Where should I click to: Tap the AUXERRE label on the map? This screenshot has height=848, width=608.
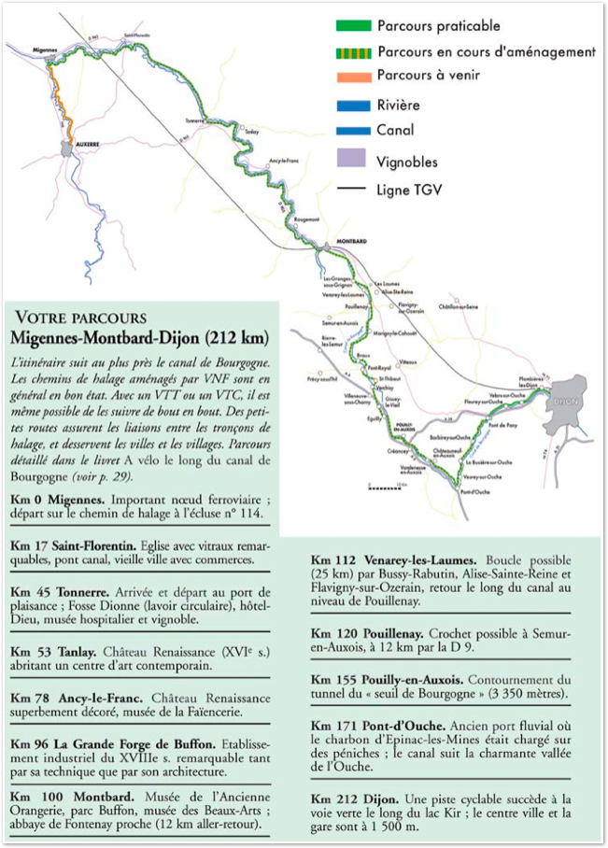[x=87, y=144]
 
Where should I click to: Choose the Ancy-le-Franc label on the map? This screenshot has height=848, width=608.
[x=284, y=160]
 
